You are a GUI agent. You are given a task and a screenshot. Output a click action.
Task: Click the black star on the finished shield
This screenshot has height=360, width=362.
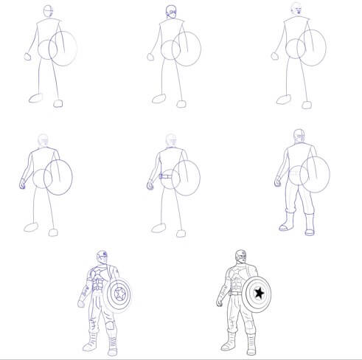click(x=259, y=294)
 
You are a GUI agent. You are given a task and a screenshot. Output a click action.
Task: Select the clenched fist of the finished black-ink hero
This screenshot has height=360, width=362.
click(x=218, y=303)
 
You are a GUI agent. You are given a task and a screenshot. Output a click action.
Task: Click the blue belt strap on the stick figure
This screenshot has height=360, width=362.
click(x=166, y=177)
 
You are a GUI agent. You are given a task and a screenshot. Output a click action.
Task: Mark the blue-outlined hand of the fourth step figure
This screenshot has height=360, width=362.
click(x=22, y=182)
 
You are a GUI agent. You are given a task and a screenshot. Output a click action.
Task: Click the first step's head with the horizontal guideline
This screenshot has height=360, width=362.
click(x=47, y=12)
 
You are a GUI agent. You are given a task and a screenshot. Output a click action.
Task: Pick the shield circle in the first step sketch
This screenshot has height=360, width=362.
click(x=65, y=47)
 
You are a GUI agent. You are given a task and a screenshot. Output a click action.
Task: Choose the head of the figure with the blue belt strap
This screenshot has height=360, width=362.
click(x=171, y=140)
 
